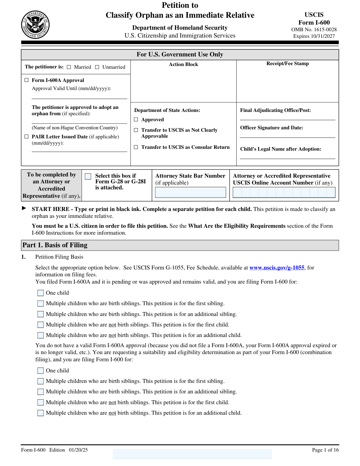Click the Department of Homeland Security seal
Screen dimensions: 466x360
(x=35, y=25)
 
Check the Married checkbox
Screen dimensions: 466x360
(x=69, y=67)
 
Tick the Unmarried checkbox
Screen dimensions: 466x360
(x=97, y=67)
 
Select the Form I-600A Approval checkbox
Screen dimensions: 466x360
(x=27, y=80)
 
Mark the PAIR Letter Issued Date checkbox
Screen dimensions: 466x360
(x=27, y=137)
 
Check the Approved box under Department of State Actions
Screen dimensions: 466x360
(x=136, y=119)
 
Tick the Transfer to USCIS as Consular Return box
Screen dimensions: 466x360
(x=136, y=147)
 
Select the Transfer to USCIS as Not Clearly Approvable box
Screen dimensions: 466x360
(x=136, y=130)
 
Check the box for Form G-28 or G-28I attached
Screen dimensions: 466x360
(x=88, y=176)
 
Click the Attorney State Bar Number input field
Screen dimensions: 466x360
(x=190, y=192)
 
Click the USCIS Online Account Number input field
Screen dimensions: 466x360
(x=284, y=192)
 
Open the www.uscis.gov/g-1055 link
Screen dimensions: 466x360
(x=277, y=268)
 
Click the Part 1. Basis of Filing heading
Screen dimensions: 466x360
(x=55, y=245)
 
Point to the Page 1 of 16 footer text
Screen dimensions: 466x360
(x=325, y=450)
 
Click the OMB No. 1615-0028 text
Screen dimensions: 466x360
(x=314, y=29)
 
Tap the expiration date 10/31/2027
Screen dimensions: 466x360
(x=322, y=36)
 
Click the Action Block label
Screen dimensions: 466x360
(x=183, y=64)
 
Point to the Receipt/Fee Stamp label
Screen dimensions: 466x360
(x=287, y=63)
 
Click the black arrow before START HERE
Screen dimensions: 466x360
(x=24, y=208)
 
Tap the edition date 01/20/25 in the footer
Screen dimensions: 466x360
(x=78, y=450)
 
